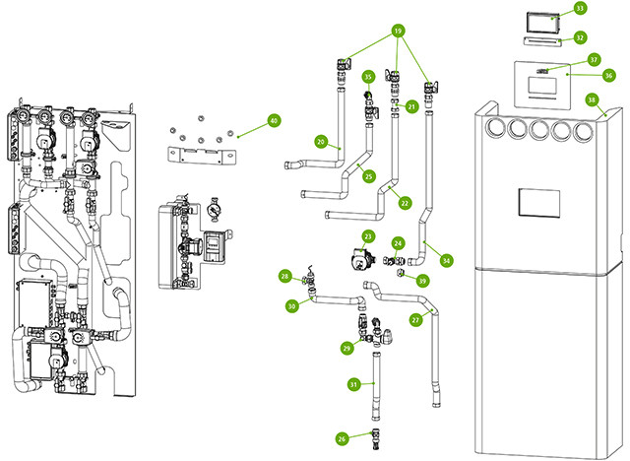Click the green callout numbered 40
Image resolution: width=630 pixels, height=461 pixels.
(274, 121)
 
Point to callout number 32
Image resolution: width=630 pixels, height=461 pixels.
(580, 37)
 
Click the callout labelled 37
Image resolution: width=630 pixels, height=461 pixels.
(593, 59)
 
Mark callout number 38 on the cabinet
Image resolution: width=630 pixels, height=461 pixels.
(591, 99)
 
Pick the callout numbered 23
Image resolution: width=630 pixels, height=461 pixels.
(366, 236)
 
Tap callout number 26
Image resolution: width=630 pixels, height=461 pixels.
(341, 438)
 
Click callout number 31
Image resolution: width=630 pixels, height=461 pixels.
(353, 384)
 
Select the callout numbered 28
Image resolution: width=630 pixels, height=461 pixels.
(284, 276)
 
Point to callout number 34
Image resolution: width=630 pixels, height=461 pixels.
(447, 261)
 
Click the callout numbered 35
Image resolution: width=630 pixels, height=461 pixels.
(368, 76)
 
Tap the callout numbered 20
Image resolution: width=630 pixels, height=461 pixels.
(321, 142)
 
